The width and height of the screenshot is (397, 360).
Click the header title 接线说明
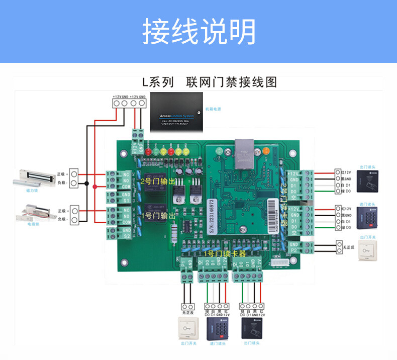click(198, 31)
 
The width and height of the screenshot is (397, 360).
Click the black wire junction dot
click(86, 185)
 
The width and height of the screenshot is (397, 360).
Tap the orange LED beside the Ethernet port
click(266, 150)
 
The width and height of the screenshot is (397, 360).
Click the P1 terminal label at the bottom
click(182, 262)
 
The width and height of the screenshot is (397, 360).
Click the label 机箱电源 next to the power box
click(213, 109)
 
